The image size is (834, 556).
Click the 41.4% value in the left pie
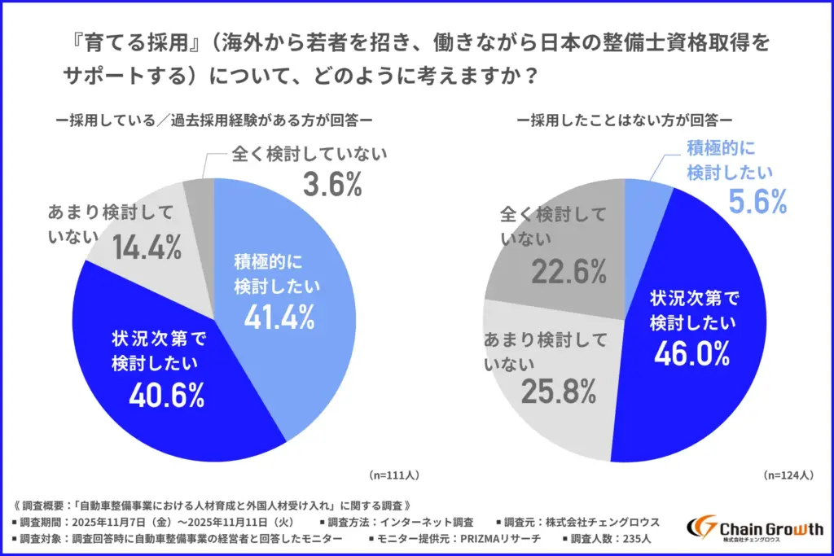(x=279, y=317)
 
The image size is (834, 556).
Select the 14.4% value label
(x=147, y=247)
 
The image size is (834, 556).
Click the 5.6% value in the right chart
(x=757, y=201)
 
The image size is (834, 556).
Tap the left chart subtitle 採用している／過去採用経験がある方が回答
(x=214, y=120)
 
